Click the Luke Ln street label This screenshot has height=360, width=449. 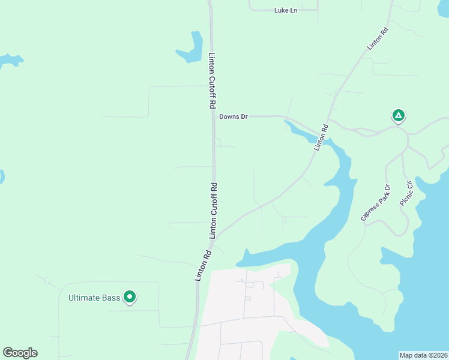[286, 10]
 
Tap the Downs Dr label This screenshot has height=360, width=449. [234, 116]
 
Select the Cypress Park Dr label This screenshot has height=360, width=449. [376, 202]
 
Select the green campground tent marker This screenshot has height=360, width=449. [398, 115]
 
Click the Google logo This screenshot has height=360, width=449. [20, 353]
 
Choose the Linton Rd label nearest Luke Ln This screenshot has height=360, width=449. [379, 38]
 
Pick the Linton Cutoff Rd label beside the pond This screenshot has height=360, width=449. [212, 80]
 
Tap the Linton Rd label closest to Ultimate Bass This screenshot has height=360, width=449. [203, 265]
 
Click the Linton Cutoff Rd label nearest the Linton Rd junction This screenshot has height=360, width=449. [212, 211]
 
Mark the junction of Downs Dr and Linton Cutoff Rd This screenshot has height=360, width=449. [214, 116]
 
